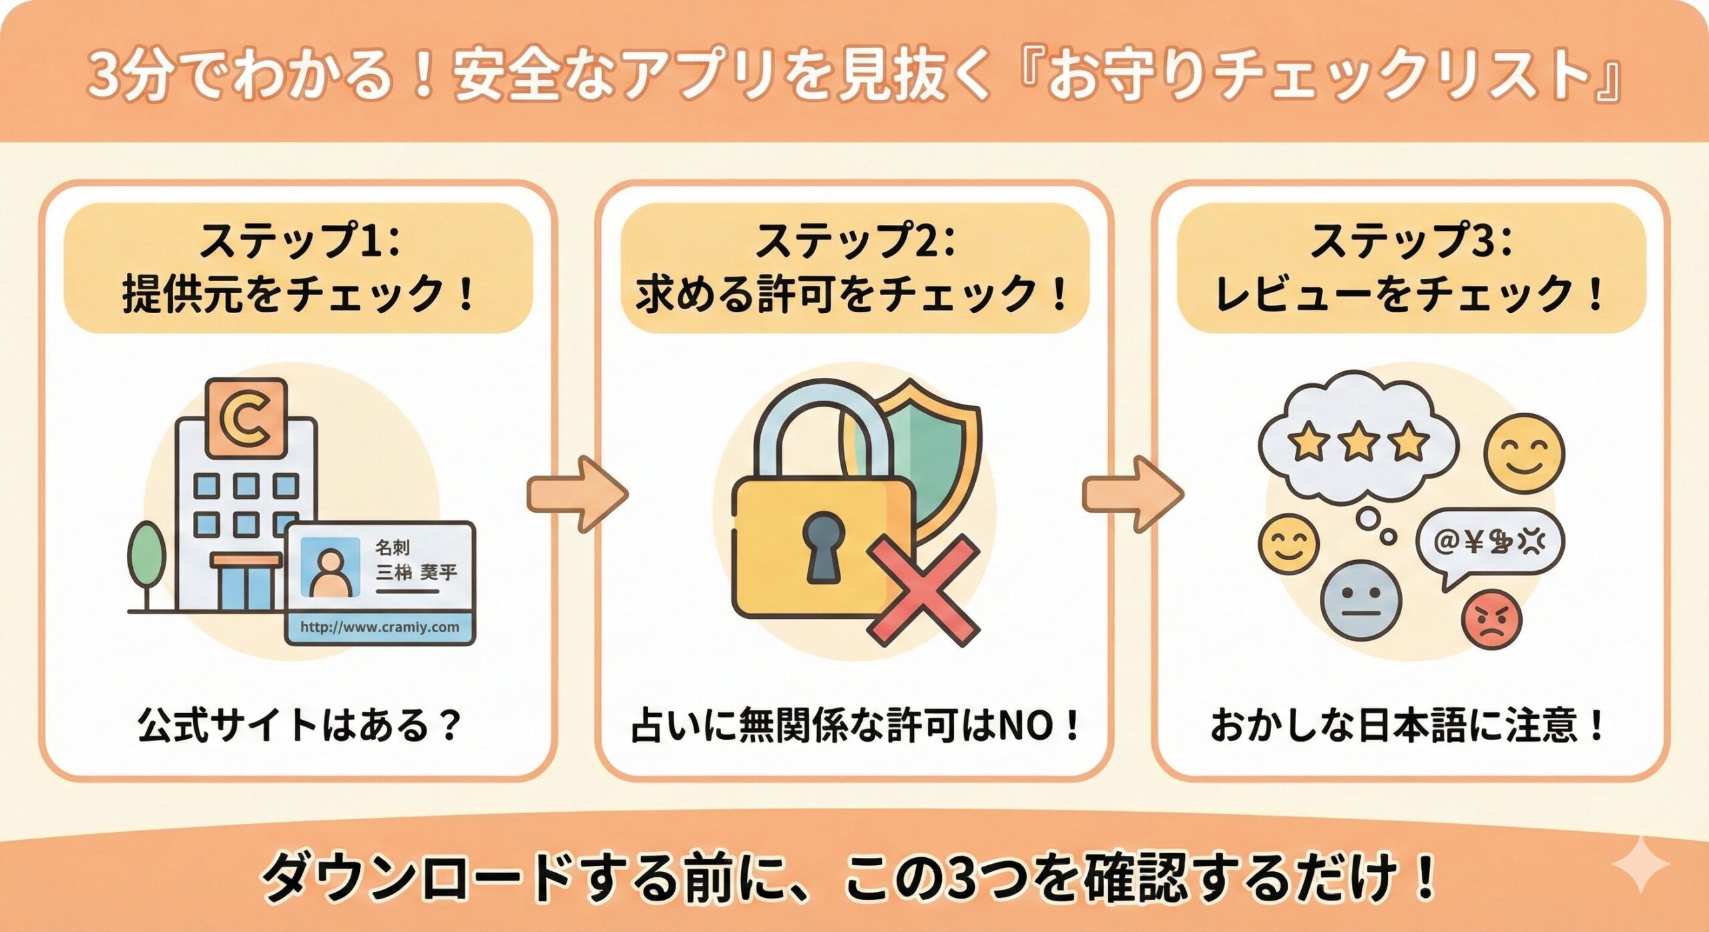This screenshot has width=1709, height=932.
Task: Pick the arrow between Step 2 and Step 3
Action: pyautogui.click(x=1132, y=494)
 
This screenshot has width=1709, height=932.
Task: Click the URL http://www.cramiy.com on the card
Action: pyautogui.click(x=380, y=627)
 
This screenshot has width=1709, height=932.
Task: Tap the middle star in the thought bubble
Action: pyautogui.click(x=1358, y=442)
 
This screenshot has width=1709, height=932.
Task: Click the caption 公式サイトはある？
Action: pyautogui.click(x=299, y=726)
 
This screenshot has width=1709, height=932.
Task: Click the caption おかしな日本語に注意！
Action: pyautogui.click(x=1409, y=726)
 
